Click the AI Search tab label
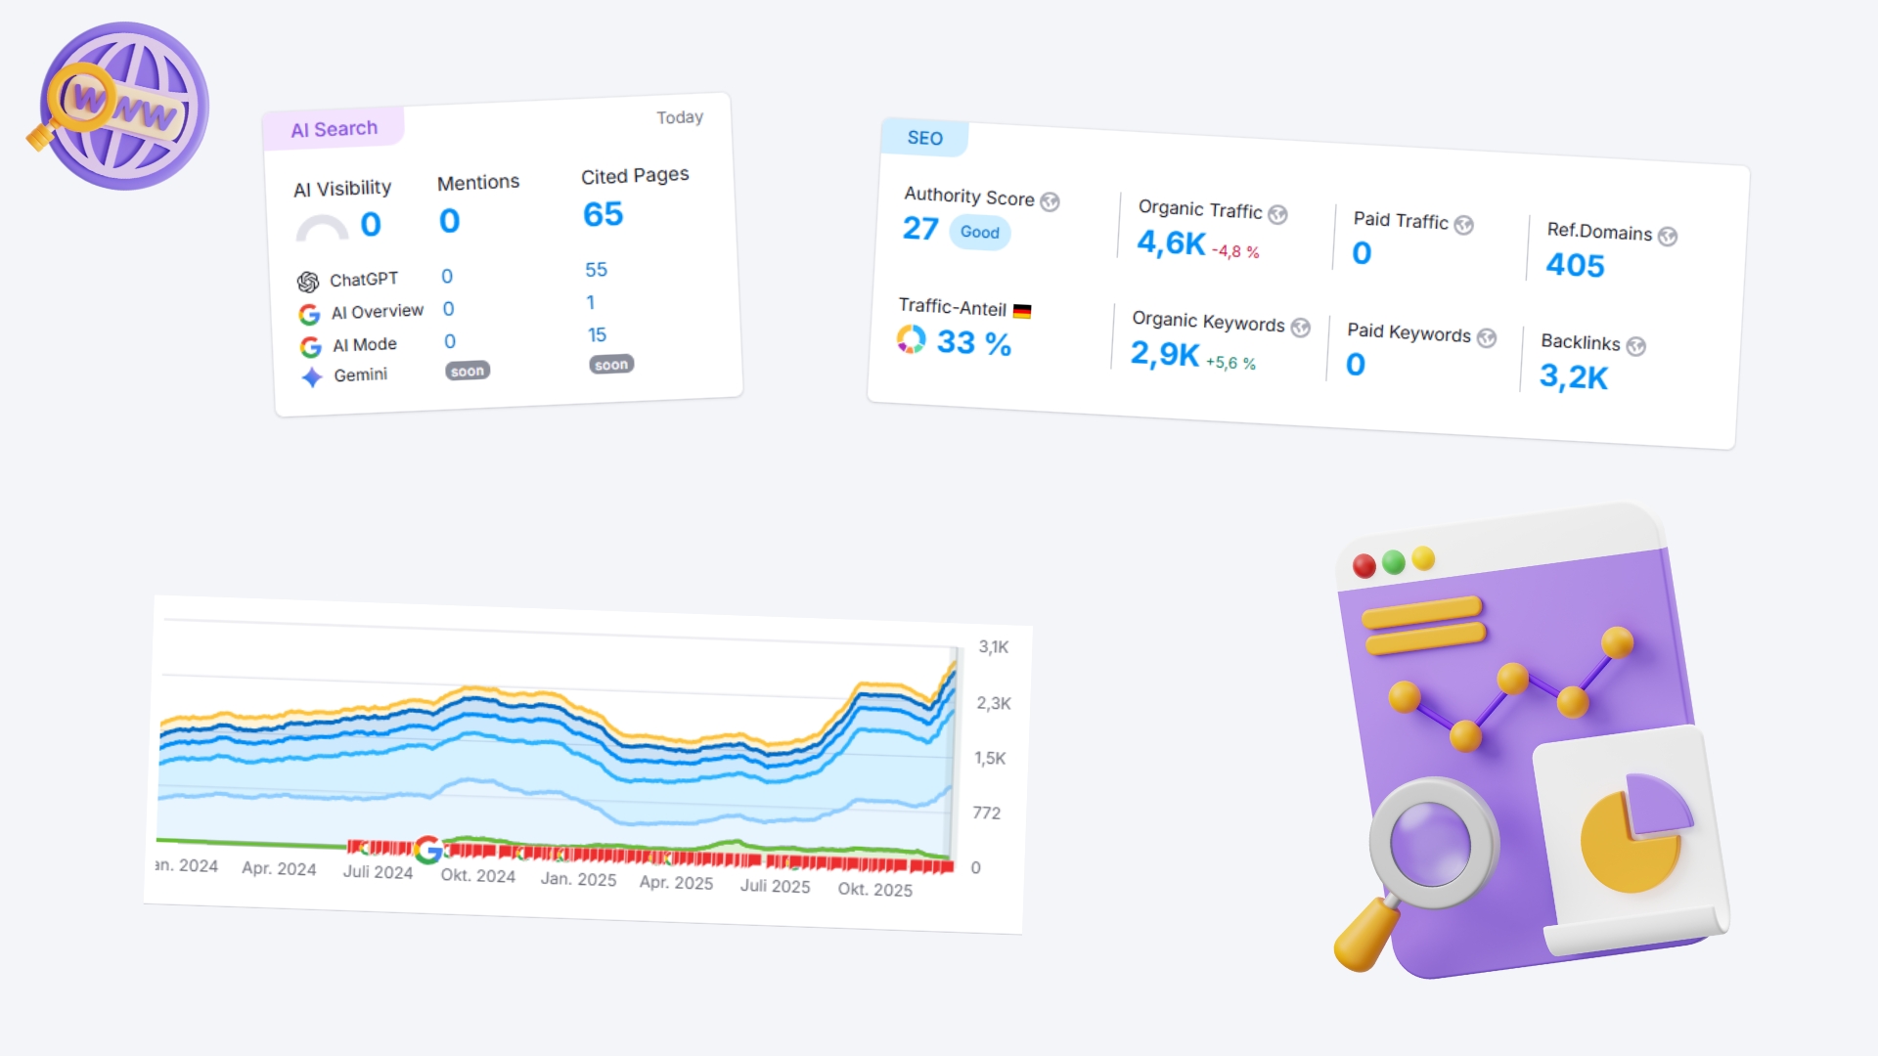(334, 129)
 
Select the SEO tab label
(924, 138)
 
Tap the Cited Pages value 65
(603, 214)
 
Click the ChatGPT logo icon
(308, 282)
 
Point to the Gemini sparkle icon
(312, 376)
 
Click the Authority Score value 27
(920, 228)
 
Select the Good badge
(979, 233)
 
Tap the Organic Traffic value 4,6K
(1171, 242)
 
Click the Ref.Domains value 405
(1575, 265)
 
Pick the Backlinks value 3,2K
(1573, 376)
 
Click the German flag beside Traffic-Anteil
(1022, 312)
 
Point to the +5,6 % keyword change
(1230, 363)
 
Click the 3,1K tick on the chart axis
(994, 647)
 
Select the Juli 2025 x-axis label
(775, 886)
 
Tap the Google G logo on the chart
(428, 850)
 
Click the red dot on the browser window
(1364, 565)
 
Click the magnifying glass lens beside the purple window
(1430, 843)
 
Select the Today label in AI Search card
(680, 117)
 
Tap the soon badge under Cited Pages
(611, 365)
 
